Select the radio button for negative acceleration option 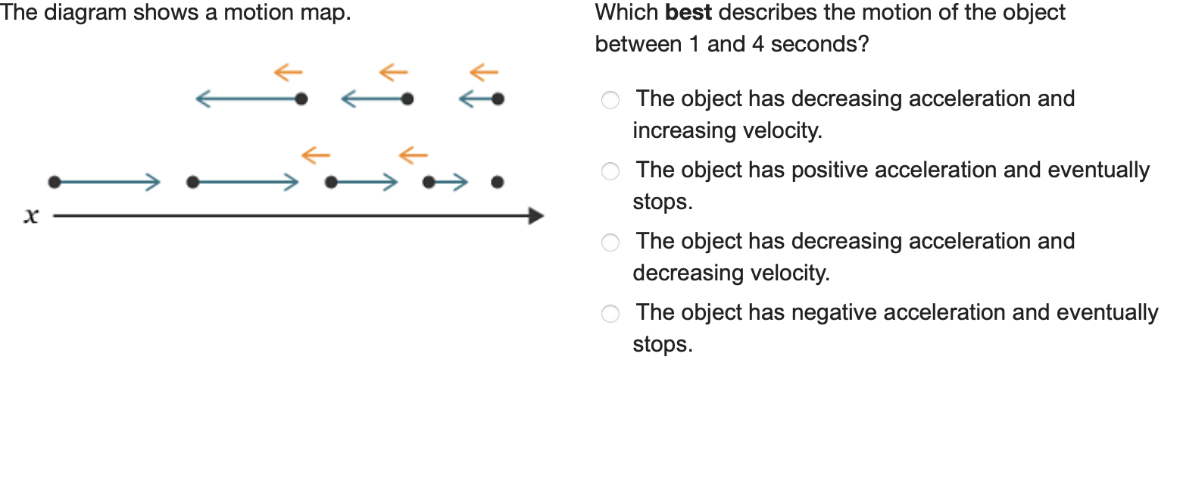pyautogui.click(x=610, y=314)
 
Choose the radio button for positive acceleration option pyautogui.click(x=610, y=171)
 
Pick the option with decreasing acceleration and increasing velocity pyautogui.click(x=610, y=100)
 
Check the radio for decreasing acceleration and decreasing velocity pyautogui.click(x=610, y=242)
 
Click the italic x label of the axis pyautogui.click(x=30, y=217)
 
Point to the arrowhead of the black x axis pyautogui.click(x=535, y=217)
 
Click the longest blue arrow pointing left pyautogui.click(x=247, y=99)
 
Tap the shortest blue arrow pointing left pyautogui.click(x=475, y=99)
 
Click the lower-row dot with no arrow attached pyautogui.click(x=497, y=182)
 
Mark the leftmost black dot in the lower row pyautogui.click(x=54, y=182)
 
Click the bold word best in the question pyautogui.click(x=688, y=13)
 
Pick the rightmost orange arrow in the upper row pyautogui.click(x=483, y=73)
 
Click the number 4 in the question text pyautogui.click(x=757, y=45)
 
